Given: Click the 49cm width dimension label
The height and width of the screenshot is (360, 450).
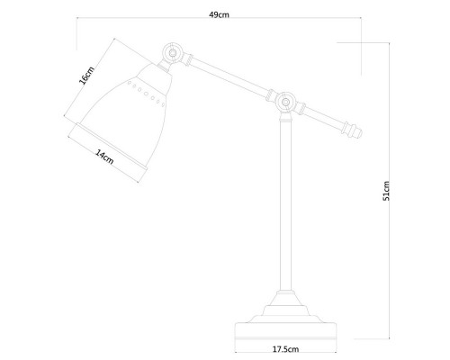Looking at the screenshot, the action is point(219,14).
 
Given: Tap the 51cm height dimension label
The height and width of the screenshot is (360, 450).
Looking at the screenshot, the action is point(386,191).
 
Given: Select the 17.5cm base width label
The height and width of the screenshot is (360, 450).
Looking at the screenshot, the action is point(285,349).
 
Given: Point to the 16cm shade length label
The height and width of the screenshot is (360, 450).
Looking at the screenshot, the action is point(86,76).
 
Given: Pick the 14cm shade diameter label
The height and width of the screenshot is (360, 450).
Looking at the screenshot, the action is point(104,157).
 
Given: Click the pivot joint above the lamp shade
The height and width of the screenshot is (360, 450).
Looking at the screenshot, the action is point(172,53).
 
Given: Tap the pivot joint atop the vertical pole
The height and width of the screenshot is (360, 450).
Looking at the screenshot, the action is point(285,103).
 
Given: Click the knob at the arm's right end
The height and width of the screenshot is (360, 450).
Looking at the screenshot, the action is point(352,130).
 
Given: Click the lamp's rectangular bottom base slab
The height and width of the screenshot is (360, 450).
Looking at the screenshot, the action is point(285,334).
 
